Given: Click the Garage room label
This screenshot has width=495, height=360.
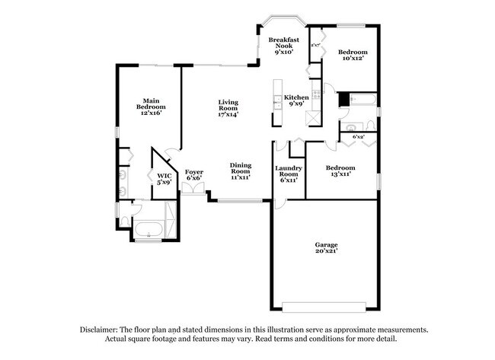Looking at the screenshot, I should point(327,247).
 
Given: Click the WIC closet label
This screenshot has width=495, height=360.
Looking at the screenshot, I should point(164,179).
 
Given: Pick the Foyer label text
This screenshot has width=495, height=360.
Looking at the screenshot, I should point(193,174).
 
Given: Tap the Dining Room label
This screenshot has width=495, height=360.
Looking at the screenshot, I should point(241,170).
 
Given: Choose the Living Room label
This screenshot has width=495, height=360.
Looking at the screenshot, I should point(228,107).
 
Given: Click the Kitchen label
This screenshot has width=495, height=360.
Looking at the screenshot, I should point(296,100).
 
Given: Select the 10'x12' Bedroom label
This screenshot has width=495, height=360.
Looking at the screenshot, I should point(352,54).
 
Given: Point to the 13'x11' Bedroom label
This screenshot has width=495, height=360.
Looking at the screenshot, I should point(340,170).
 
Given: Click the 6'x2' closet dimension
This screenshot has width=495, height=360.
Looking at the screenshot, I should point(358,136).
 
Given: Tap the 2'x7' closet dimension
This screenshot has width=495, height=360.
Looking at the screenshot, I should point(315,45).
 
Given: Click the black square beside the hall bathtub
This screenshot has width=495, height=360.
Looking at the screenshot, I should point(343,99).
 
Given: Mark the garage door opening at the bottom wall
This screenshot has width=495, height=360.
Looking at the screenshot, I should point(325,307).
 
